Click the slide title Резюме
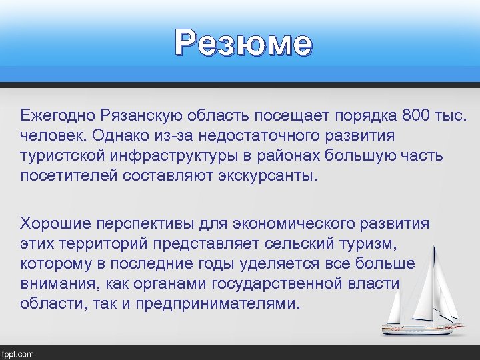pyautogui.click(x=243, y=44)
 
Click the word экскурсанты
pyautogui.click(x=264, y=177)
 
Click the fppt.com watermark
pyautogui.click(x=19, y=353)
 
